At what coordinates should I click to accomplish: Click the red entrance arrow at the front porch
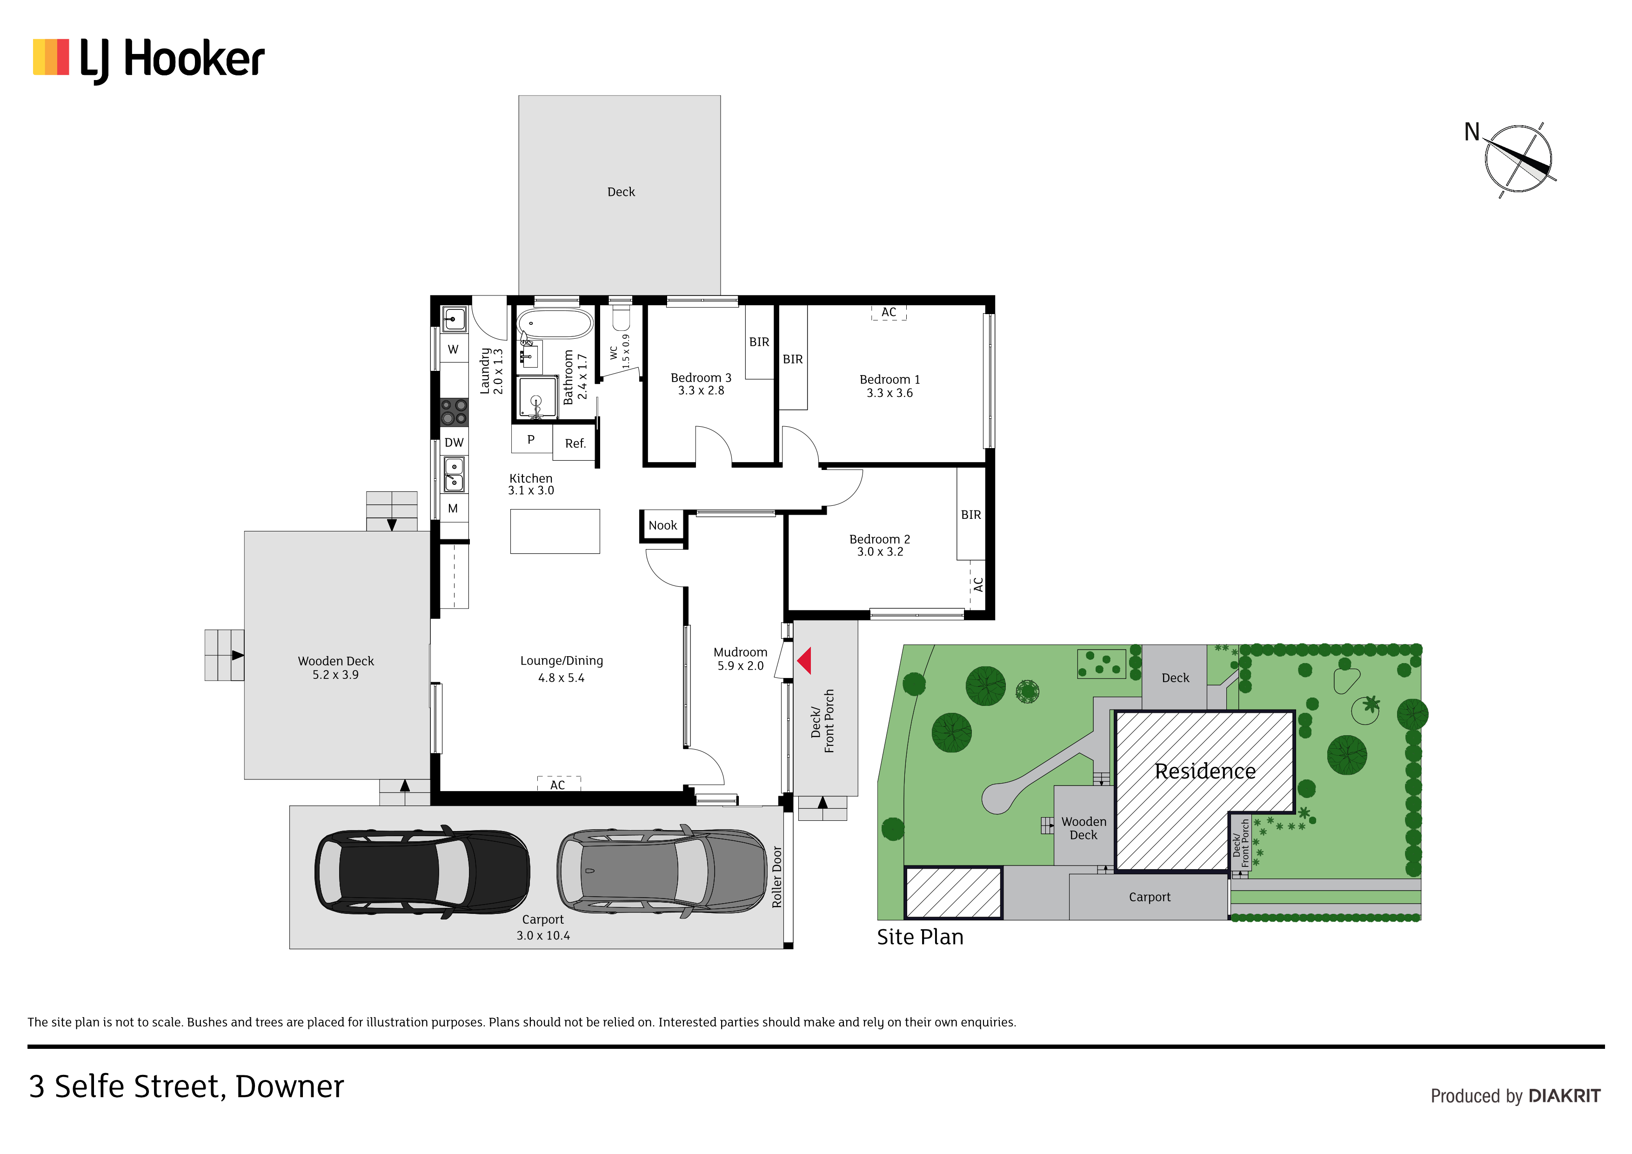[x=805, y=661]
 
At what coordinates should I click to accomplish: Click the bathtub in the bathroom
[x=555, y=323]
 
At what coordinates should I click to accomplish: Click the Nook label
[x=662, y=525]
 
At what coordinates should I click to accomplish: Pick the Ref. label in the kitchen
[x=575, y=443]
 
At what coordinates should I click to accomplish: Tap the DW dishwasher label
[x=454, y=442]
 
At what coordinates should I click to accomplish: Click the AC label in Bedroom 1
[x=889, y=312]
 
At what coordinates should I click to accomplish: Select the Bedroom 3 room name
[x=701, y=377]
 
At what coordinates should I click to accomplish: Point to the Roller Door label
[x=777, y=877]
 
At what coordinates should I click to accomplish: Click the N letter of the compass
[x=1471, y=132]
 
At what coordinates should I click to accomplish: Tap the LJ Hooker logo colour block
[x=51, y=57]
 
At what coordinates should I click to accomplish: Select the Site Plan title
[x=920, y=937]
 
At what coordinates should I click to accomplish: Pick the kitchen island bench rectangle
[x=555, y=531]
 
